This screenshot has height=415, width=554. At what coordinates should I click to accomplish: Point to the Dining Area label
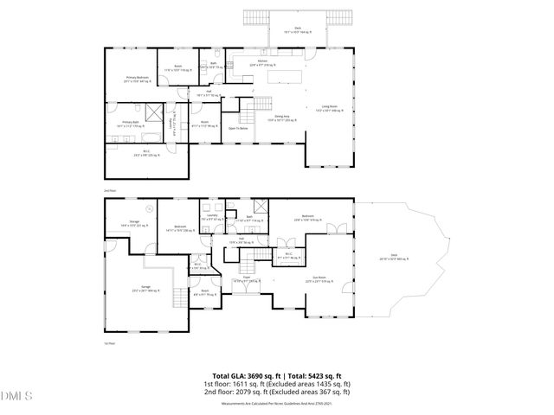click(x=281, y=118)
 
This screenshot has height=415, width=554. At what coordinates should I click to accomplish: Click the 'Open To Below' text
click(x=239, y=128)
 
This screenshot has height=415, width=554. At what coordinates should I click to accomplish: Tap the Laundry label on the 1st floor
click(x=209, y=218)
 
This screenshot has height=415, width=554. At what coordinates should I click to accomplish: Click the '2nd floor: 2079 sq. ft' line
click(x=277, y=390)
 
